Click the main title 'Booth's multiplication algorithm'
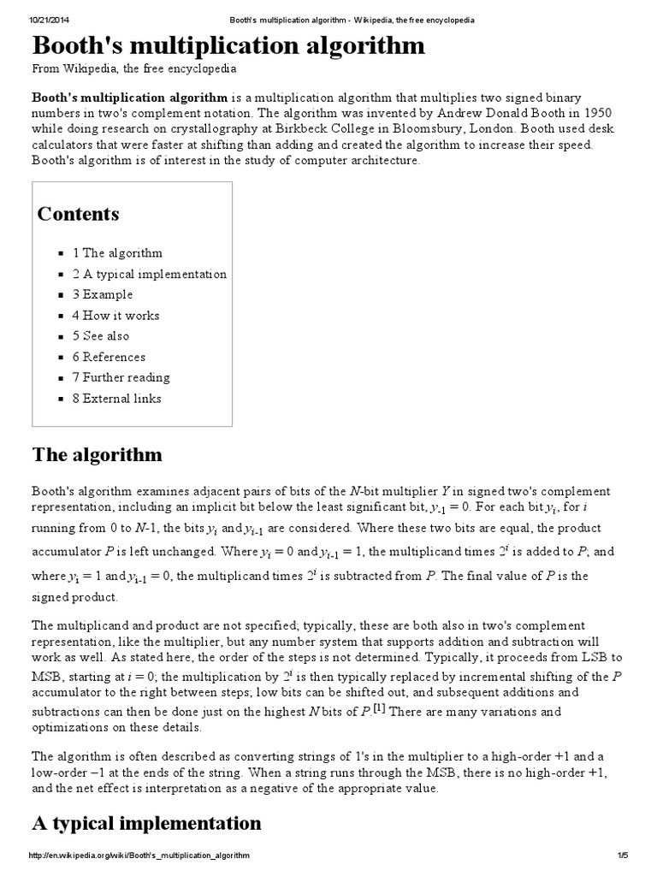[228, 45]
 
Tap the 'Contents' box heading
[78, 214]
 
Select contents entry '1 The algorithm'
[117, 253]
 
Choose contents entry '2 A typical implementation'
[150, 274]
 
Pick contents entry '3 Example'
[103, 294]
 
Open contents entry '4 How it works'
[115, 316]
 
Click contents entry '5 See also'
[101, 336]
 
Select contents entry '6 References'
[109, 357]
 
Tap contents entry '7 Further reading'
[121, 377]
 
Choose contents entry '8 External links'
[116, 399]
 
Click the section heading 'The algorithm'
[97, 453]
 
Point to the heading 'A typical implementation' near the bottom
[146, 823]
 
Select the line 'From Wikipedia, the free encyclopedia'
[134, 68]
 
